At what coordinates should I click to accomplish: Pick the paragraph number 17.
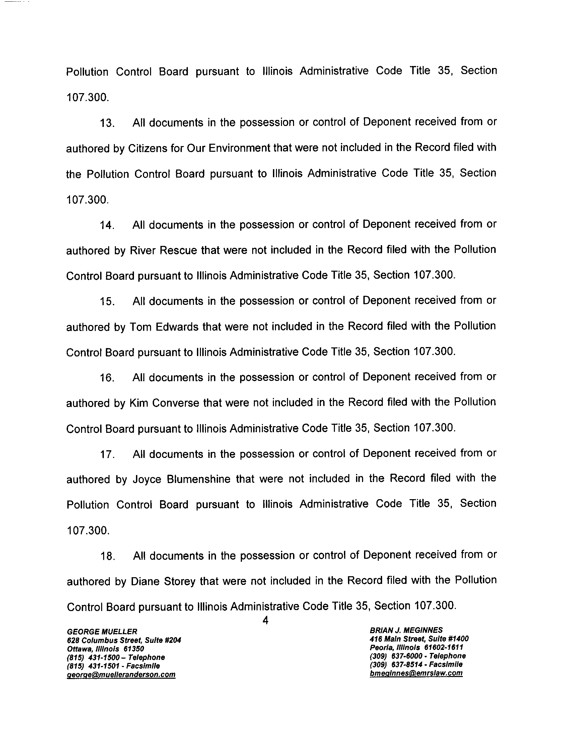coord(107,455)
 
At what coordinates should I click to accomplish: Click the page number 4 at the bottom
coord(266,620)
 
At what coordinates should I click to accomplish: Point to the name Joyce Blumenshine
coord(182,479)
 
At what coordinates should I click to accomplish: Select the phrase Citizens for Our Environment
coord(199,148)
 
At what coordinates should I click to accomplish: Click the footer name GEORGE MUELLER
coord(102,631)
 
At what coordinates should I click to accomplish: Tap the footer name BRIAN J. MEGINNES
coord(406,630)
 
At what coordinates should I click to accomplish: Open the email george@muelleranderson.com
coord(121,675)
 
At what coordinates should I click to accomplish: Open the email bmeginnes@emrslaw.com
coord(416,673)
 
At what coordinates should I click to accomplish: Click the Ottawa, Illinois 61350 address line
coord(105,649)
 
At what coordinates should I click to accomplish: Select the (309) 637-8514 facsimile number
coord(416,664)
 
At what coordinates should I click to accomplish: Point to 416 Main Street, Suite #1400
coord(419,639)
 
